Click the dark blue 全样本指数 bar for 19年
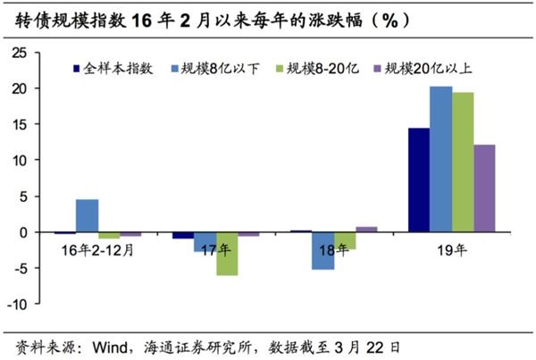[418, 180]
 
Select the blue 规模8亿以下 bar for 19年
[440, 159]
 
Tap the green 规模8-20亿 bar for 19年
[463, 162]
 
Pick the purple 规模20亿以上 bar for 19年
[485, 188]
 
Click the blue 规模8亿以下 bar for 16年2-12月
[88, 215]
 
